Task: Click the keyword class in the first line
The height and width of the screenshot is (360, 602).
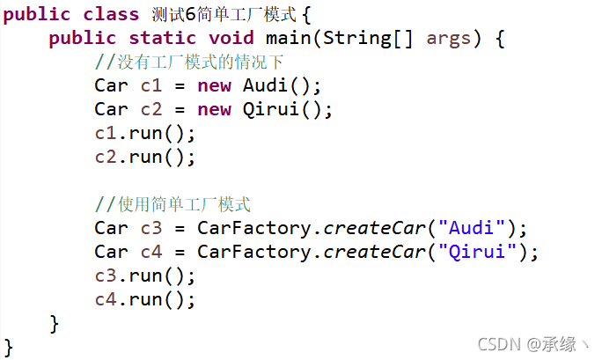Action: pyautogui.click(x=111, y=14)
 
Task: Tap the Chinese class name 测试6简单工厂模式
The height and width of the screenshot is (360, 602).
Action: pyautogui.click(x=224, y=14)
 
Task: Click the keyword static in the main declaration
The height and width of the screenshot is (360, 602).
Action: pyautogui.click(x=163, y=39)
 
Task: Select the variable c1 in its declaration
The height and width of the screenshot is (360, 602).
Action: pyautogui.click(x=151, y=86)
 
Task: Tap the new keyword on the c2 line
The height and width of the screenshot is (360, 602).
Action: pyautogui.click(x=214, y=110)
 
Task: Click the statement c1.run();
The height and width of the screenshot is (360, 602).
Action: pyautogui.click(x=145, y=134)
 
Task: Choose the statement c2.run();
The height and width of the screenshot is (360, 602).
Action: pyautogui.click(x=145, y=158)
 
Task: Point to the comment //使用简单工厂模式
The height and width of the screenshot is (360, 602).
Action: pyautogui.click(x=173, y=205)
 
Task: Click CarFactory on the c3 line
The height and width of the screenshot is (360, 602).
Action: pyautogui.click(x=253, y=229)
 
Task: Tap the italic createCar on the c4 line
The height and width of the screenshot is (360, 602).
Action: pyautogui.click(x=374, y=253)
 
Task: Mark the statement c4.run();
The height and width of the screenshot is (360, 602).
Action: pyautogui.click(x=145, y=300)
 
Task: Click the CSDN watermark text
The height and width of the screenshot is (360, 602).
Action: pyautogui.click(x=527, y=342)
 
